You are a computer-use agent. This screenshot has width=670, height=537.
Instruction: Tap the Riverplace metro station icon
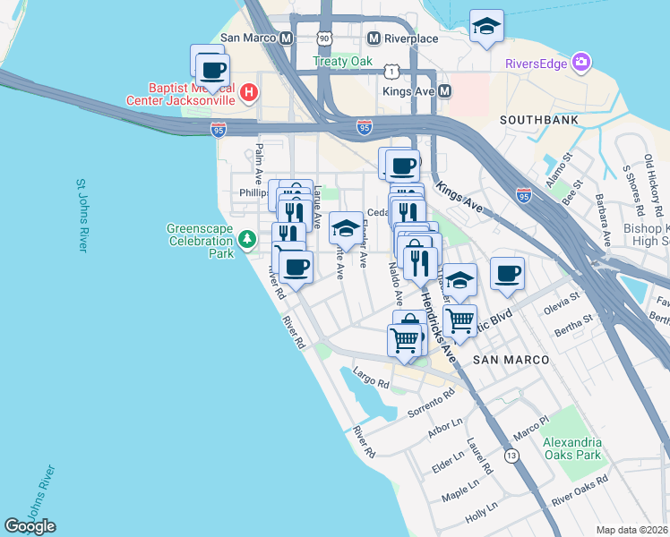pyautogui.click(x=374, y=38)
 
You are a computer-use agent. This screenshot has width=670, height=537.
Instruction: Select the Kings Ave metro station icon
pyautogui.click(x=445, y=91)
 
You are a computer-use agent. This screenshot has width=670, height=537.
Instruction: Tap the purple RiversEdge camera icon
pyautogui.click(x=582, y=63)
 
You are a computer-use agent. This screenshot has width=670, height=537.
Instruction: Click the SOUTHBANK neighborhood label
pyautogui.click(x=538, y=120)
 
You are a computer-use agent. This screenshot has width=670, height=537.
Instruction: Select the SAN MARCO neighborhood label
pyautogui.click(x=510, y=359)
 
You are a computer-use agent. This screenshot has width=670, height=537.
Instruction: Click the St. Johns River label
pyautogui.click(x=81, y=215)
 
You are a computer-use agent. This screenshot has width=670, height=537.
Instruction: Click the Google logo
pyautogui.click(x=30, y=526)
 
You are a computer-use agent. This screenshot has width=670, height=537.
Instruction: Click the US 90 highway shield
pyautogui.click(x=324, y=38)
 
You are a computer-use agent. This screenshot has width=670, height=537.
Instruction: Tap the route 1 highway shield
pyautogui.click(x=391, y=70)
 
